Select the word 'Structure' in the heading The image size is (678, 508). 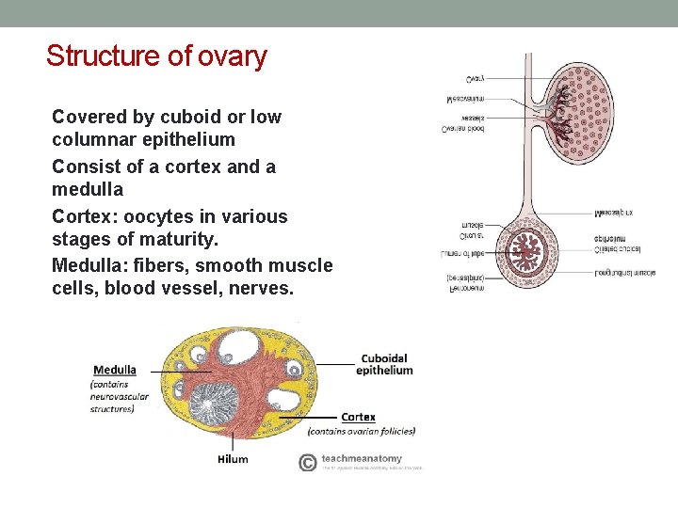point(103,56)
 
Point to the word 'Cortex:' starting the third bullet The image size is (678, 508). point(83,216)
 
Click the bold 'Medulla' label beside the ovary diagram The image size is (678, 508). point(114,370)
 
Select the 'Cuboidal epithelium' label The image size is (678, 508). point(384,364)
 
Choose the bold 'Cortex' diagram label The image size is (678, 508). point(358,417)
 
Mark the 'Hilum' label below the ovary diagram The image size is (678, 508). point(232,459)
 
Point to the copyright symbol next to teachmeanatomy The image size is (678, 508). point(307,462)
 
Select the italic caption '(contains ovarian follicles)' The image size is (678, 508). point(362,432)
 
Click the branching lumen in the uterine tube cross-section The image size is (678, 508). point(523,251)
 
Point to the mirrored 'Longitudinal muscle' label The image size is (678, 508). point(624,272)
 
